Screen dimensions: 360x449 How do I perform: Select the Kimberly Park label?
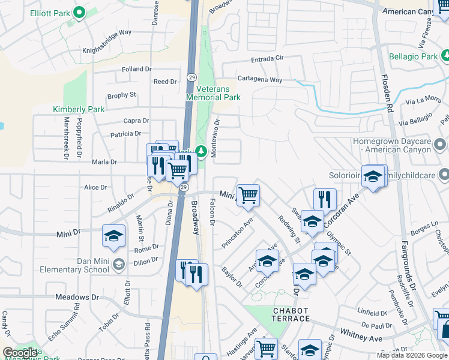79,109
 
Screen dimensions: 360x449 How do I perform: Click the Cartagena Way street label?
259,80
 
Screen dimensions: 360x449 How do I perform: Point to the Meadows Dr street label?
77,297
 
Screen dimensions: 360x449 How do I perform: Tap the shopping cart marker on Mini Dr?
248,195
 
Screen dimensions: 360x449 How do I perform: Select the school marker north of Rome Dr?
113,236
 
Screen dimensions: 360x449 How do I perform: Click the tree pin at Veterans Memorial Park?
201,151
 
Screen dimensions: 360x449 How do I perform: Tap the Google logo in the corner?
20,353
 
